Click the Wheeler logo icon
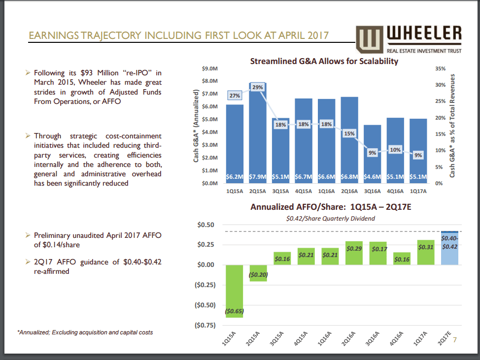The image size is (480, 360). tap(368, 39)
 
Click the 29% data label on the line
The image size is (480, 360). tap(258, 87)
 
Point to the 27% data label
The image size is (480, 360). tap(235, 96)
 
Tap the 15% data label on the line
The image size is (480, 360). tap(349, 133)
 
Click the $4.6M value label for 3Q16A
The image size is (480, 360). tap(372, 176)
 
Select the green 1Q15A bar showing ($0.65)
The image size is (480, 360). tap(235, 291)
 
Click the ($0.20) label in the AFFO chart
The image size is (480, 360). tap(258, 275)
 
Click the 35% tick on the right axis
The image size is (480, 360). tap(440, 68)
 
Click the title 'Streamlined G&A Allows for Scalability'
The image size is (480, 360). tap(324, 62)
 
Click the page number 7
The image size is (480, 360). tap(454, 339)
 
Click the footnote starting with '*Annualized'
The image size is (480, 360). tap(85, 332)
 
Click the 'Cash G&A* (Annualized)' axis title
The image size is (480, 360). tap(196, 126)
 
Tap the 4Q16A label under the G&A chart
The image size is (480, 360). tap(395, 192)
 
